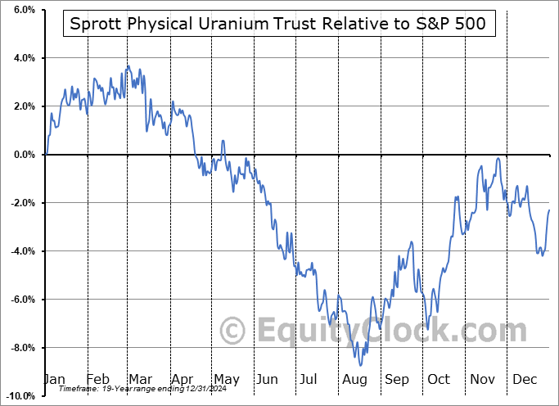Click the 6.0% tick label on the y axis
(x=23, y=10)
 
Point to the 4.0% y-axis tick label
(x=23, y=58)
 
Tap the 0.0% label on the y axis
(x=23, y=155)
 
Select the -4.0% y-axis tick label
(x=21, y=251)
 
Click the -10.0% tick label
(x=19, y=396)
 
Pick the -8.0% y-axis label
(x=21, y=348)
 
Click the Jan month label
(x=54, y=379)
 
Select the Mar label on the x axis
(x=140, y=379)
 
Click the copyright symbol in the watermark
(x=234, y=332)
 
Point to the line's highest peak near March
(x=128, y=66)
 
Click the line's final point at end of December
(x=548, y=210)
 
